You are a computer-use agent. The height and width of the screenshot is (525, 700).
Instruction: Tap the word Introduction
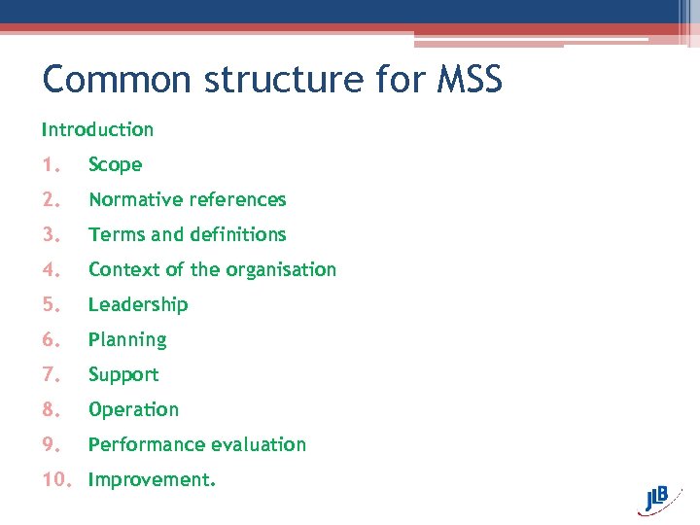97,129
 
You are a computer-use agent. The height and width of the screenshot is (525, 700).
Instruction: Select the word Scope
115,165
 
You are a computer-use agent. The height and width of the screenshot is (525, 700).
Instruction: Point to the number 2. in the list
51,199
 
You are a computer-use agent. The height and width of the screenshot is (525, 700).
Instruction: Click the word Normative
136,199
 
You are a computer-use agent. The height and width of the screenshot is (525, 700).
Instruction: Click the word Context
123,269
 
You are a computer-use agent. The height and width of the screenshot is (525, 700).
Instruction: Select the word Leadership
138,304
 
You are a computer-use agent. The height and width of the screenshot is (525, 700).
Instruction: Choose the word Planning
127,339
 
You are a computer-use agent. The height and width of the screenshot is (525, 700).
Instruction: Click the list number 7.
51,374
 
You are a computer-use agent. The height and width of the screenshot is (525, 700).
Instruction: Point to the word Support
123,374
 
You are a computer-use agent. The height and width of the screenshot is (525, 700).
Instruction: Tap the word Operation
133,409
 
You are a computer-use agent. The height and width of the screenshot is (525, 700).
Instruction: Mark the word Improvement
152,479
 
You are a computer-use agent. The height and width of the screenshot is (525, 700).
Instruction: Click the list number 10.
56,479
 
